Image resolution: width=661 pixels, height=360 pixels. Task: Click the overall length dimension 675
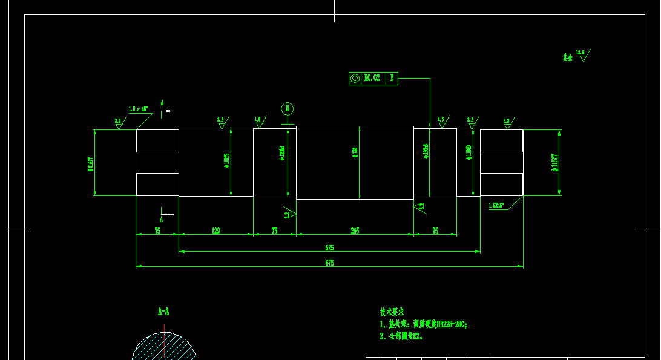329,263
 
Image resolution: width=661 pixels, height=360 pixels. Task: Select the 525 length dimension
329,248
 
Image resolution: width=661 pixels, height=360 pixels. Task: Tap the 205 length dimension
355,231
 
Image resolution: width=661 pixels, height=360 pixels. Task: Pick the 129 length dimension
215,231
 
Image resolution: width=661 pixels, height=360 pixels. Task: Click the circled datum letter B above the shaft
288,108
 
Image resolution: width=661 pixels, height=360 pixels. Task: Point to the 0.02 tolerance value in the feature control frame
373,78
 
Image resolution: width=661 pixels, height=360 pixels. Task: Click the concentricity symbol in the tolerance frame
355,78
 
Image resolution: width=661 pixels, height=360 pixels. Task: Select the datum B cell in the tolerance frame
392,78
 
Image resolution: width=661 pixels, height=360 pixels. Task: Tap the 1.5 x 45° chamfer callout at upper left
138,110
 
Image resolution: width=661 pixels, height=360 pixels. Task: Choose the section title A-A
163,312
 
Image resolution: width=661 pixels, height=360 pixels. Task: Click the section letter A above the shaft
162,103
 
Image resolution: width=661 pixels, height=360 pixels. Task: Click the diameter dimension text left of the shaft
90,163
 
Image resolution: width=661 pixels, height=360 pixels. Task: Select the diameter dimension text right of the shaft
554,162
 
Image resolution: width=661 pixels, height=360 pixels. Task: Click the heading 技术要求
392,312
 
